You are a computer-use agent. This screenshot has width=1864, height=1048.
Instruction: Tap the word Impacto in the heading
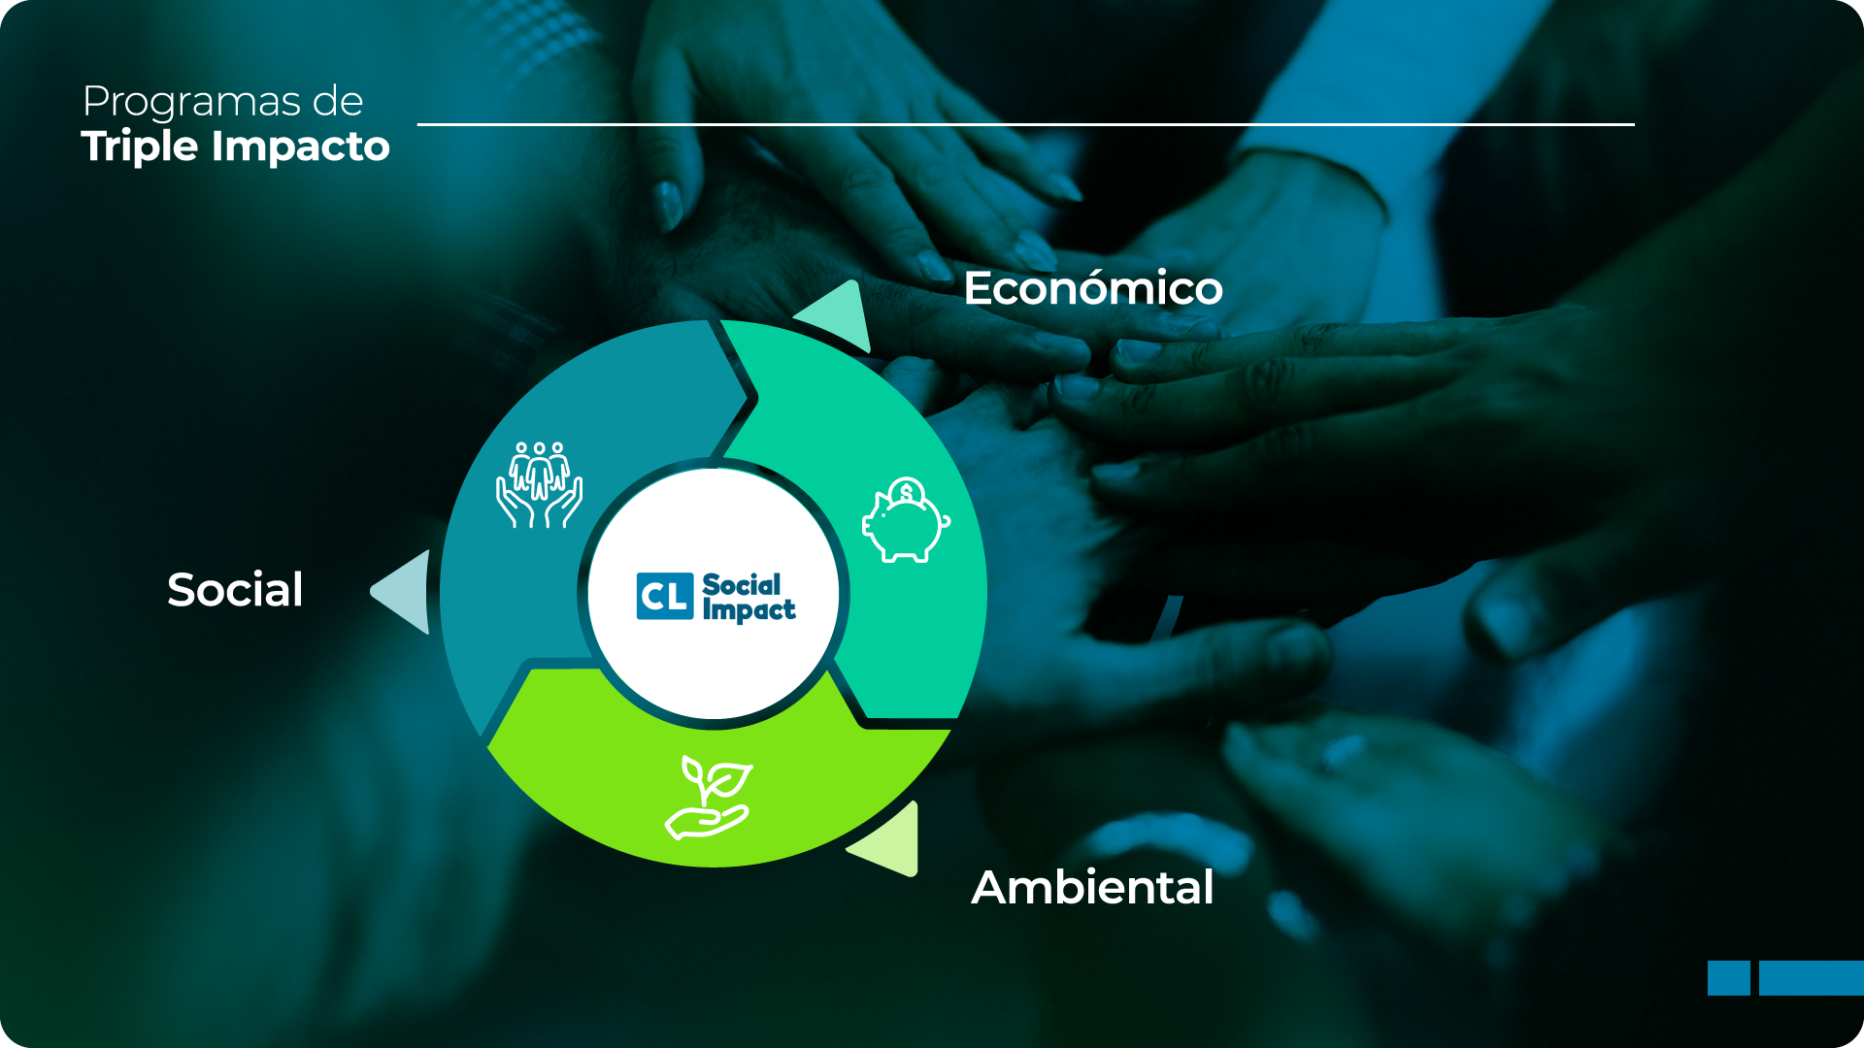[301, 147]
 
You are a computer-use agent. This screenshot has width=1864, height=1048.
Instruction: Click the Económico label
[1093, 288]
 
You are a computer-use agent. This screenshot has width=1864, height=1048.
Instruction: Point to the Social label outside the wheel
[235, 589]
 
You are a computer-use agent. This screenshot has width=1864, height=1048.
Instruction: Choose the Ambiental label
[1092, 887]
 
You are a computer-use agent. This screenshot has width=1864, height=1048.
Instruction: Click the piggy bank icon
[906, 520]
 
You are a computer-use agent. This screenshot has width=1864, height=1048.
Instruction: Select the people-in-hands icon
[540, 484]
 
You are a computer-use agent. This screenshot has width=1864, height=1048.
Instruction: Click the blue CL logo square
[665, 596]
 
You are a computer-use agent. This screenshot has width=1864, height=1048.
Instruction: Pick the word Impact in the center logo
[749, 610]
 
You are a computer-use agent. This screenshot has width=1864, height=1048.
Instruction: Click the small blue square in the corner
[1729, 978]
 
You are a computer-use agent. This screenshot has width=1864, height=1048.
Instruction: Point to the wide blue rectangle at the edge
[1812, 978]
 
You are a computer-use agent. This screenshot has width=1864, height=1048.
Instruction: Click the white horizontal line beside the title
[1026, 124]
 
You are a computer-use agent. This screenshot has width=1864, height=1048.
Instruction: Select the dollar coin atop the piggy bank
[907, 492]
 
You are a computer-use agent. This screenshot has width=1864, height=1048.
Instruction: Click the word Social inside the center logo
[742, 585]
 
